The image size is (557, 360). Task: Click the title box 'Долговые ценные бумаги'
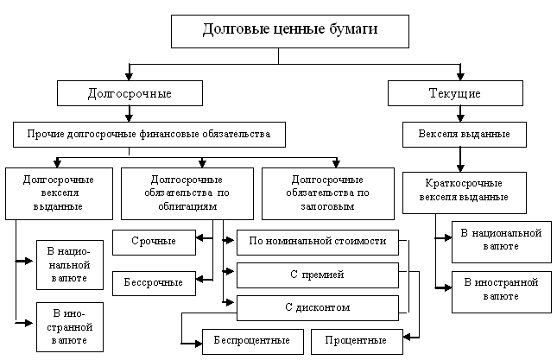290,31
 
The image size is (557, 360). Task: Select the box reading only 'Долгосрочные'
130,93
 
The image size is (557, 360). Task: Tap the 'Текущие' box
454,93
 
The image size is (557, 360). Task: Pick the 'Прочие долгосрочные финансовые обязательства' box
149,135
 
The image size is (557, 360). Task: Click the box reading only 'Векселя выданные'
464,135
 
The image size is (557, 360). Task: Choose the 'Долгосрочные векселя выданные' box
57,193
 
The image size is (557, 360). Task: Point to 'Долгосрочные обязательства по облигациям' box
187,193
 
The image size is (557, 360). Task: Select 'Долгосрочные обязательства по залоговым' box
326,193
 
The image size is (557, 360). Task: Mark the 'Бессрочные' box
154,282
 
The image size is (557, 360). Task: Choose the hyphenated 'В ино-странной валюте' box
68,326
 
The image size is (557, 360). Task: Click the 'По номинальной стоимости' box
317,242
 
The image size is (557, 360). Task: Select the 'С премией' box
317,275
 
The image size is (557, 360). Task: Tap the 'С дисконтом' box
317,307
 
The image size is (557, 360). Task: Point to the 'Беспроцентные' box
253,341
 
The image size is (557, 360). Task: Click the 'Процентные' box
345,341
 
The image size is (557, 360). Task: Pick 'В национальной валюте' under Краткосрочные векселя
501,241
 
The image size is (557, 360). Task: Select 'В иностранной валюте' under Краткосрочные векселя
501,290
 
